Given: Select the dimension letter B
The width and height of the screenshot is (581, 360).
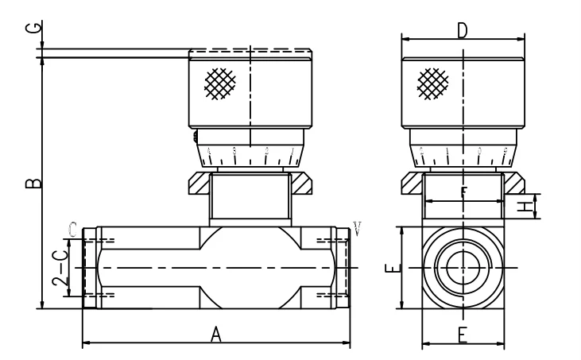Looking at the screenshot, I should click(x=33, y=184).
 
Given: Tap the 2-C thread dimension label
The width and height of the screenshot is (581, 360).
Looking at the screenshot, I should click(x=59, y=269).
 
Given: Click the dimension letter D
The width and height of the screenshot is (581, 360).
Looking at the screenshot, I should click(x=462, y=30).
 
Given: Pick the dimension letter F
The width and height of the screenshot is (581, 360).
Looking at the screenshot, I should click(x=463, y=193).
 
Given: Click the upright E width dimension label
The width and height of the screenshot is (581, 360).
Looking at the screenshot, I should click(x=462, y=335).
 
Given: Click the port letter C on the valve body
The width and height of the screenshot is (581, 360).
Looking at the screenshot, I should click(x=73, y=230).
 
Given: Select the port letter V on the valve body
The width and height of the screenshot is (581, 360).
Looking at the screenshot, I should click(x=357, y=230).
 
